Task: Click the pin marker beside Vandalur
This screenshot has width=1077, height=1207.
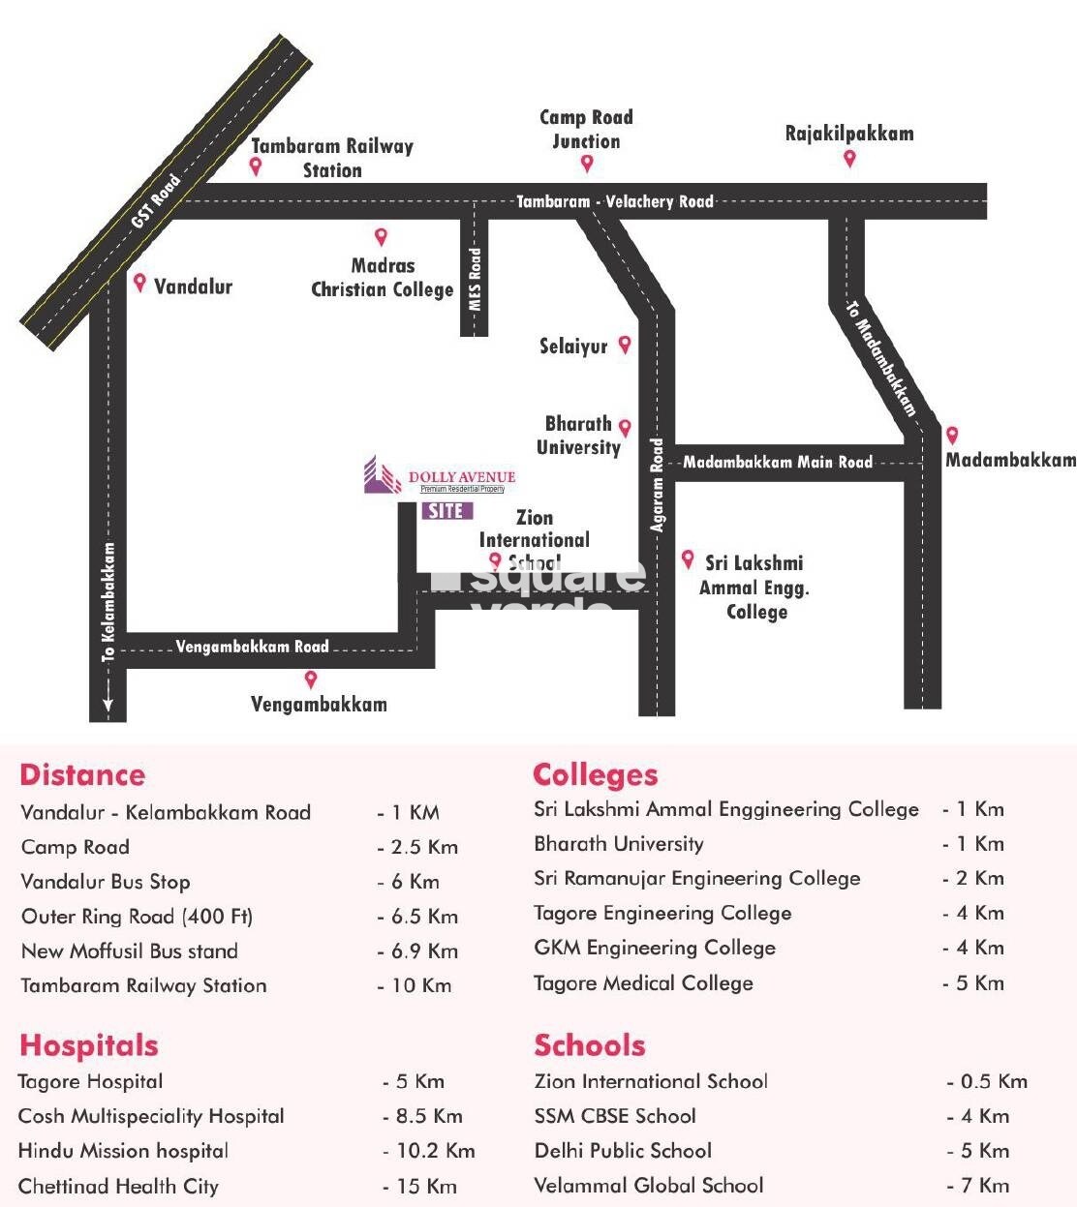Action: pos(140,283)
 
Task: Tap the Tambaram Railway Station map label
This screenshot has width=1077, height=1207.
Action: pos(332,158)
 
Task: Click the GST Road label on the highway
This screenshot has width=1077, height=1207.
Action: pos(156,201)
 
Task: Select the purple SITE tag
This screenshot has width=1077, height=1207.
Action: pos(446,510)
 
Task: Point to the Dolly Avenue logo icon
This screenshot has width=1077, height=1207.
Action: pos(382,475)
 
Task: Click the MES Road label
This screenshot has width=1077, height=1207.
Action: pos(475,279)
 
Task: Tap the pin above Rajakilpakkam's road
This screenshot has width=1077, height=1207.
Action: pos(849,159)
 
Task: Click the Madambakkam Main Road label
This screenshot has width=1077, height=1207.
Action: pos(778,462)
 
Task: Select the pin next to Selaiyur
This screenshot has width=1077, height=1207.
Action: pos(625,344)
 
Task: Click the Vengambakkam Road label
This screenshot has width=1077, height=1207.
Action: pos(252,647)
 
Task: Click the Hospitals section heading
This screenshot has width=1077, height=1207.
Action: pos(88,1045)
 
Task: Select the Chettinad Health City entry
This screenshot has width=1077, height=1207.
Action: pos(118,1186)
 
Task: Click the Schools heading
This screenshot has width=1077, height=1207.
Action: pos(589,1045)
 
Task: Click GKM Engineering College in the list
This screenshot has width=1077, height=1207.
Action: pos(655,948)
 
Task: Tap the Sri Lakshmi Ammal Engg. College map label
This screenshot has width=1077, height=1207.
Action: pos(754,587)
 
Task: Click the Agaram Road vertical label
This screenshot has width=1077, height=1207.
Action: pos(658,485)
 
